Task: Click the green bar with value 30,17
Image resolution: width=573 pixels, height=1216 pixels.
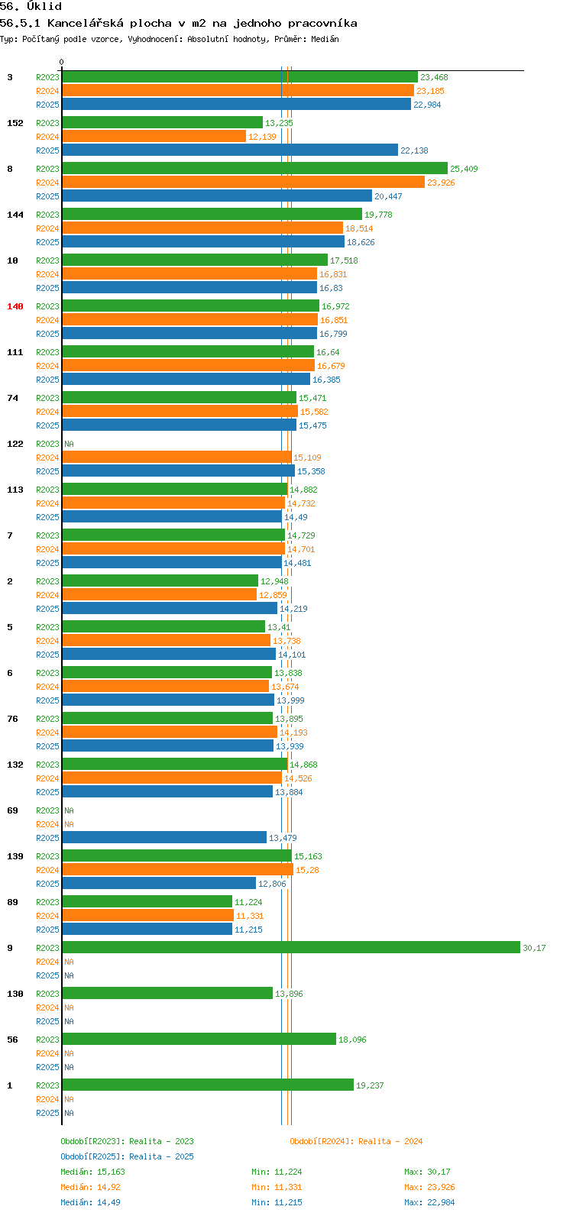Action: tap(291, 947)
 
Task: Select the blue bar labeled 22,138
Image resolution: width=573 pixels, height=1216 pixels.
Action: tap(230, 150)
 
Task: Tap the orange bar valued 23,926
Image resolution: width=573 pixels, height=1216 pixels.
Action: tap(243, 182)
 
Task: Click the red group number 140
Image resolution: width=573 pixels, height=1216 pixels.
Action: tap(15, 306)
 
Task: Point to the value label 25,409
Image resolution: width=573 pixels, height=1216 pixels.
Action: tap(464, 169)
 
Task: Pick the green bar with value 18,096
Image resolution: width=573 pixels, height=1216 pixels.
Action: tap(199, 1039)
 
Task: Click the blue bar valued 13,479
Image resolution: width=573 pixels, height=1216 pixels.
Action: tap(164, 837)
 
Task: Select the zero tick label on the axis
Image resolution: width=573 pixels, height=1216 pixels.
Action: tap(61, 62)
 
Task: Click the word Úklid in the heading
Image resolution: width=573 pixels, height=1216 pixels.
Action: tap(44, 7)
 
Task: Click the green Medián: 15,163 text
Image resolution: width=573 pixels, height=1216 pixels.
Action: tap(93, 1172)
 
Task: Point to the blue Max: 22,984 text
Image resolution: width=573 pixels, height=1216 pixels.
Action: tap(429, 1202)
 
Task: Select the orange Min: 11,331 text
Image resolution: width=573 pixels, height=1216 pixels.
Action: tap(277, 1187)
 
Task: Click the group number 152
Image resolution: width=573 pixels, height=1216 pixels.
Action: tap(15, 123)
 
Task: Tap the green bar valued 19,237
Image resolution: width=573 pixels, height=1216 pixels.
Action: tap(208, 1085)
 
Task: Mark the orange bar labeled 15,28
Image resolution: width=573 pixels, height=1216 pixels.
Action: tap(177, 869)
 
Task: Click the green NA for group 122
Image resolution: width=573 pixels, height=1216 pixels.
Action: tap(69, 444)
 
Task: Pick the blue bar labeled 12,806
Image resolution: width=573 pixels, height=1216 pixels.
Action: tap(159, 883)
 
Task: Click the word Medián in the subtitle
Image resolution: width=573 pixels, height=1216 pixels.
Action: tap(325, 39)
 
